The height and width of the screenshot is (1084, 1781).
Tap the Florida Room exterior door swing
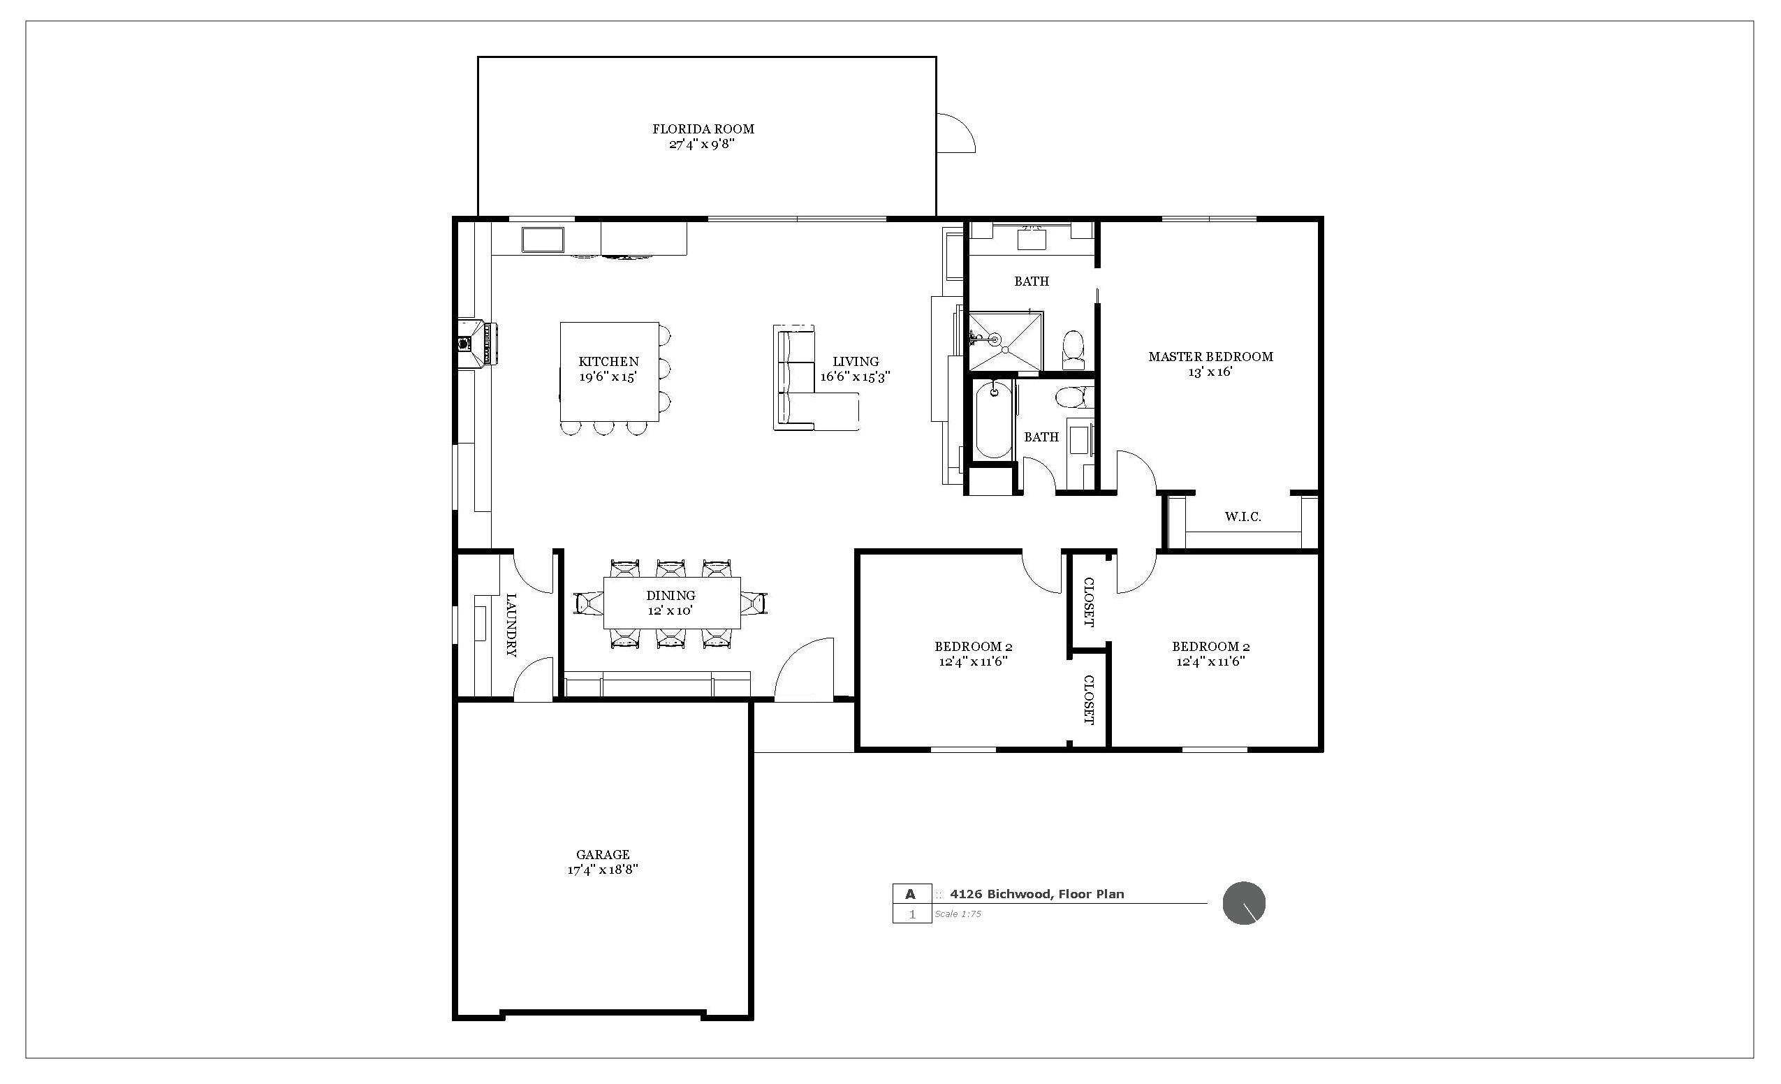point(955,133)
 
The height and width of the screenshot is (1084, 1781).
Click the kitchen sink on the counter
point(543,239)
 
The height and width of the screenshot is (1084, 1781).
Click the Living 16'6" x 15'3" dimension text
point(855,376)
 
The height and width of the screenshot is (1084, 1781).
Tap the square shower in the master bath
point(1006,341)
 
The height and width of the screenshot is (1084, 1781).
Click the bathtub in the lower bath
point(993,421)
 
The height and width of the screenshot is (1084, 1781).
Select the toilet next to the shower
point(1074,348)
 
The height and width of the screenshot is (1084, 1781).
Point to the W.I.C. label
point(1243,517)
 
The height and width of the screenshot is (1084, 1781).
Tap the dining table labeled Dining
point(671,603)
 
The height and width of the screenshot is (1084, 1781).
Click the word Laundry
point(511,625)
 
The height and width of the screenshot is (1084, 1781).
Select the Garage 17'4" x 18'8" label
point(603,861)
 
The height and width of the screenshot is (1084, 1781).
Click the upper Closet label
point(1088,602)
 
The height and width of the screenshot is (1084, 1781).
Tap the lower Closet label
point(1088,700)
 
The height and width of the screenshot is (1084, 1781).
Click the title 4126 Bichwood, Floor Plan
point(1036,894)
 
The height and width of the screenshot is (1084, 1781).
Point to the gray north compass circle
point(1243,903)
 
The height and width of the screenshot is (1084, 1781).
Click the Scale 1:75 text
point(958,914)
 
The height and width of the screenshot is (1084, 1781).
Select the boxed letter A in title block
point(911,894)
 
